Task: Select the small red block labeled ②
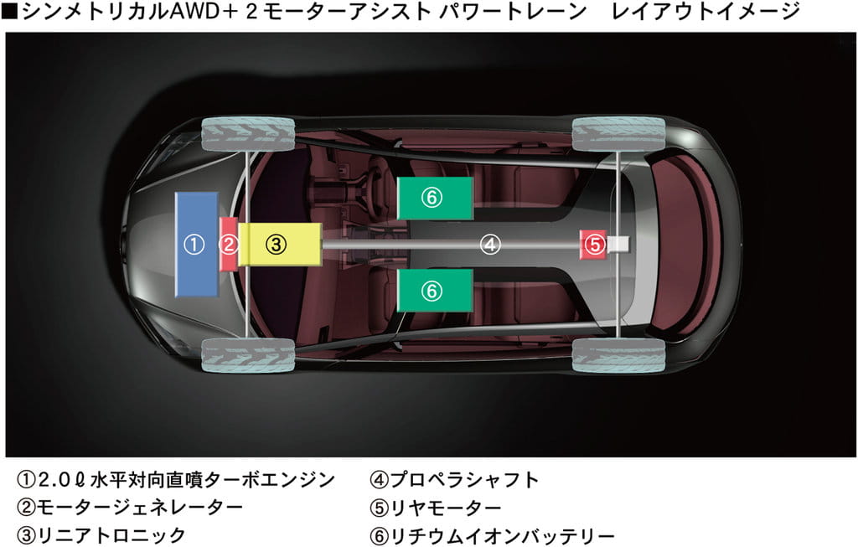[x=228, y=244]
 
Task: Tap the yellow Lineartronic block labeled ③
[x=279, y=244]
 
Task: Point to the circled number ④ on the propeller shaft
[x=490, y=245]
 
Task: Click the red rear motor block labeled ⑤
[x=593, y=244]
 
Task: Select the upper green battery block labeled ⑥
[x=434, y=198]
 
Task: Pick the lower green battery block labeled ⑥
[x=434, y=290]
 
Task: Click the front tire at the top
[x=249, y=134]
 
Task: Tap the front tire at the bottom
[x=249, y=355]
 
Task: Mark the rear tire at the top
[x=618, y=134]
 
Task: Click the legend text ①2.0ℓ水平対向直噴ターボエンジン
[x=176, y=480]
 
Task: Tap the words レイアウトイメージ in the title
[x=706, y=12]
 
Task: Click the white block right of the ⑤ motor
[x=618, y=244]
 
